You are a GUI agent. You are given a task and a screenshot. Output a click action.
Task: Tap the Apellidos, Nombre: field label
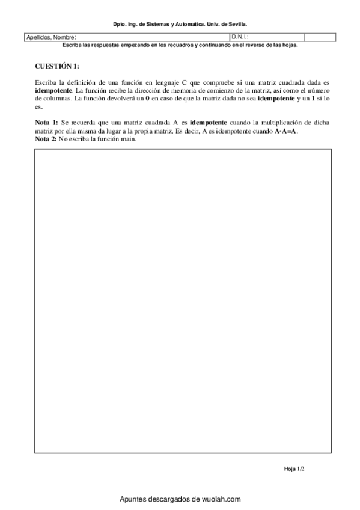(x=51, y=37)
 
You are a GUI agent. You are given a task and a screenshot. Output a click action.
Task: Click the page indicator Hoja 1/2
(x=291, y=468)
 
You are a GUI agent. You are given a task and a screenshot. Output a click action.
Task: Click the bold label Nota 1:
(x=46, y=123)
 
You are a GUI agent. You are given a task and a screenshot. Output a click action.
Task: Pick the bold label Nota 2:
(x=46, y=140)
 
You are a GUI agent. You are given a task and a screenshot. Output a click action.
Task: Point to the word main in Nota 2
(x=129, y=140)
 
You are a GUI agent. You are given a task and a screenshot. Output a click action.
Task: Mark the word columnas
(x=56, y=97)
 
